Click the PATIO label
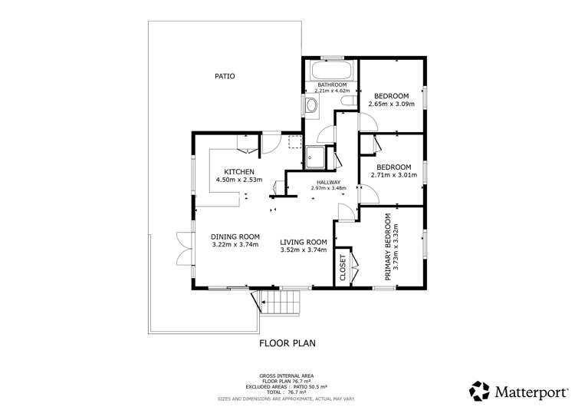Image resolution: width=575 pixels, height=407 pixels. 225,76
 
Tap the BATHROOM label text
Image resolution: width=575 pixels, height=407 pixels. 332,84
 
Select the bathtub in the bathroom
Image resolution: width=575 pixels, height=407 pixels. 332,71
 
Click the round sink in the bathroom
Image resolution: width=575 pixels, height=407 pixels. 311,106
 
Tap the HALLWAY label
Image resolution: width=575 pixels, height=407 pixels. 328,181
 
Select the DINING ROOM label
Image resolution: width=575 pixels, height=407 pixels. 235,237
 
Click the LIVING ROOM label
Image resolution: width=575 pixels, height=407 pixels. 304,240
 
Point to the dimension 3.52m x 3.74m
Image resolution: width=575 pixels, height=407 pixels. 304,250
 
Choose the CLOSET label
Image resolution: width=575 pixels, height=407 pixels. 342,266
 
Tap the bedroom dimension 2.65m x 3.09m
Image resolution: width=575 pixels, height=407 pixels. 391,104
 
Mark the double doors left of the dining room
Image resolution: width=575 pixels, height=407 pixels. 181,246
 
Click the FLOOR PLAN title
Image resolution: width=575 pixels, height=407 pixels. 287,343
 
